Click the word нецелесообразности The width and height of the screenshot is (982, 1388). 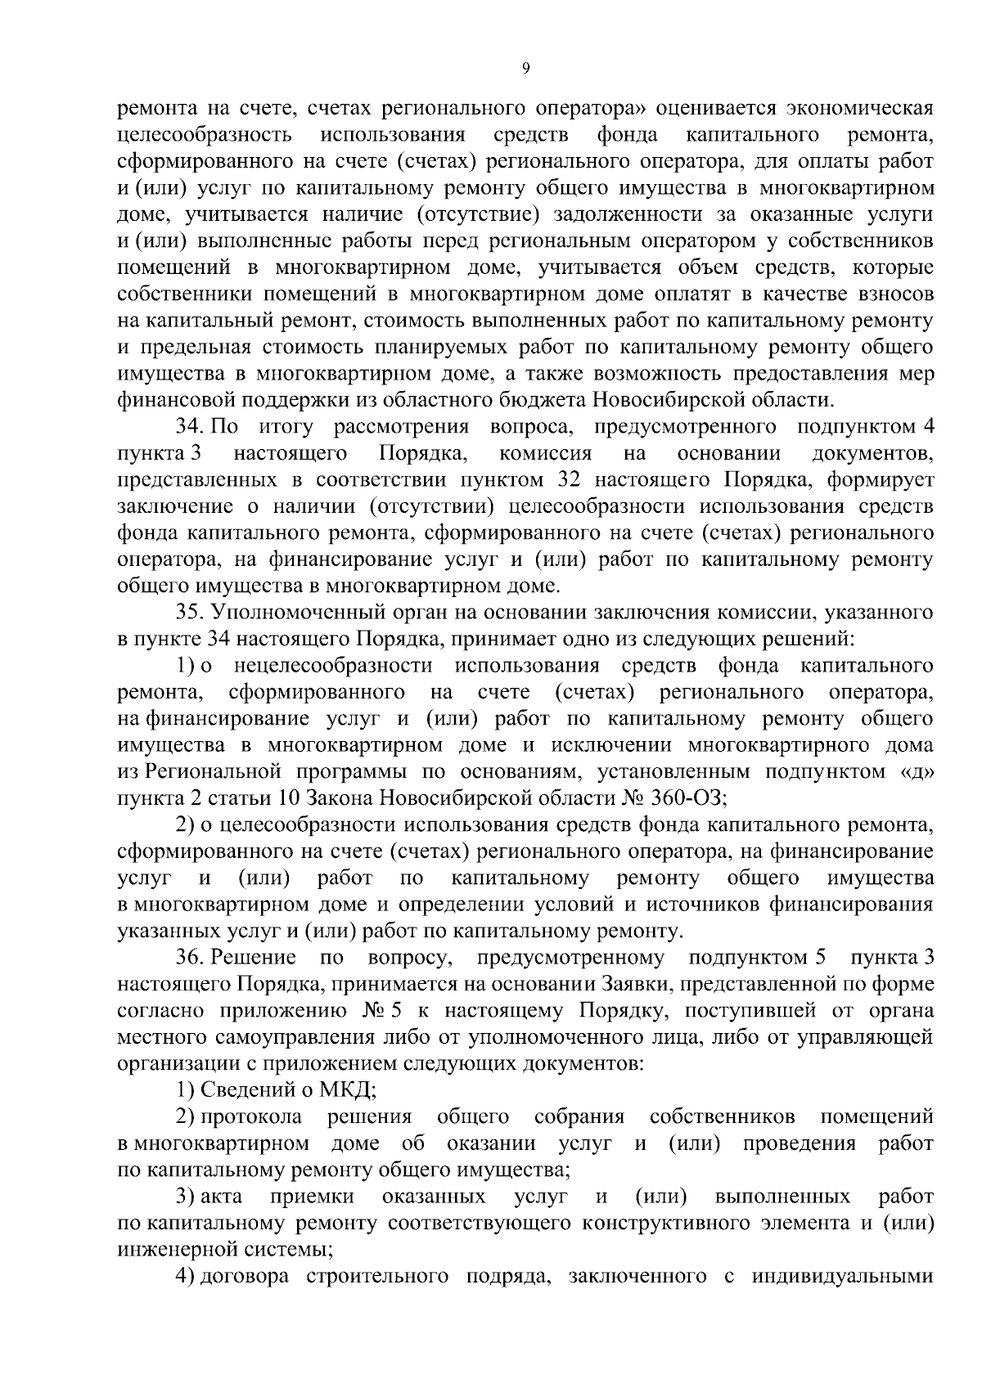332,666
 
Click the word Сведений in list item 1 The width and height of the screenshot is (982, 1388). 242,1090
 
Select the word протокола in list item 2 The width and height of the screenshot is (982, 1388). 251,1117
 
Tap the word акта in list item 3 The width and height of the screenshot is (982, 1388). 221,1197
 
